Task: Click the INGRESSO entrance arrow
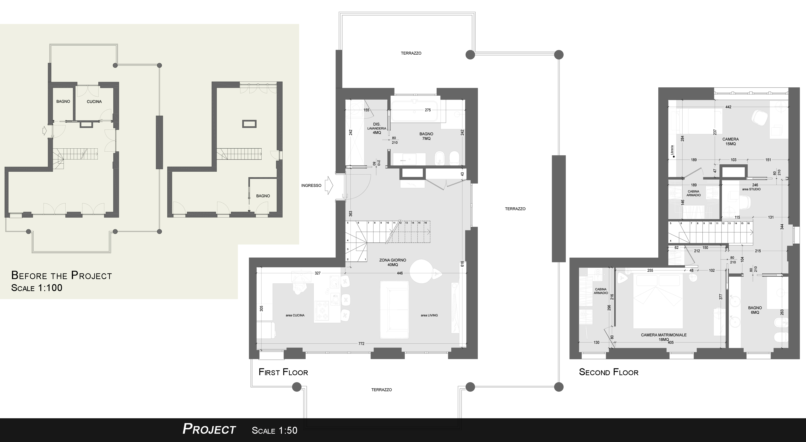(x=329, y=185)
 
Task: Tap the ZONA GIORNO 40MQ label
(x=393, y=262)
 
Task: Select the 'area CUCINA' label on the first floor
(x=295, y=315)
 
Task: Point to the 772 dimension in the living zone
(x=361, y=343)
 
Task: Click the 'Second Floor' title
(x=609, y=372)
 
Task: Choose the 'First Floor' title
(x=283, y=372)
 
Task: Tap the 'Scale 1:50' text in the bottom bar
(x=275, y=430)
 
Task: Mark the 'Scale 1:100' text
(x=37, y=288)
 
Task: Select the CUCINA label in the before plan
(x=94, y=101)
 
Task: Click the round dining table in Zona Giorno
(x=421, y=271)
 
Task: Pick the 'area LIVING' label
(x=429, y=315)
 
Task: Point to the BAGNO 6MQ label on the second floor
(x=755, y=310)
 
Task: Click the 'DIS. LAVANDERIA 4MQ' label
(x=377, y=128)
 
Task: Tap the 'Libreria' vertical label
(x=672, y=150)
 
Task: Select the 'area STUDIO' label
(x=751, y=189)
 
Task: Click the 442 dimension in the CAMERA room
(x=728, y=107)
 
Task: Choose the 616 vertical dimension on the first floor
(x=462, y=264)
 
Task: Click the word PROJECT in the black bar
(x=209, y=429)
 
